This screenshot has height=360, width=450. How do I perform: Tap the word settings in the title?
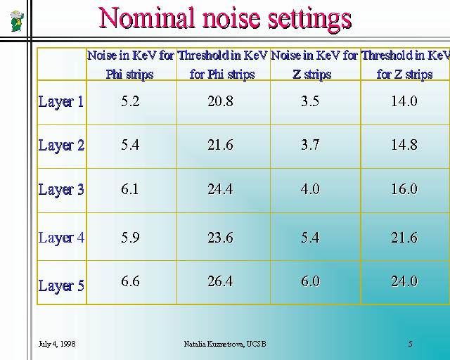[309, 20]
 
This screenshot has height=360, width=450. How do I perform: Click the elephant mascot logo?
[17, 21]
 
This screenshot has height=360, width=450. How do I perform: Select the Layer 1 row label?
[61, 102]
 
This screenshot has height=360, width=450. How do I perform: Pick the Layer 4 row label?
[61, 238]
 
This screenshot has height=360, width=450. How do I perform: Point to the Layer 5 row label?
[61, 285]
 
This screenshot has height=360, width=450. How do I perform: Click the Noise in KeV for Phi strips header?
[131, 65]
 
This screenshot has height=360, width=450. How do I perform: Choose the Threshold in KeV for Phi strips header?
[223, 65]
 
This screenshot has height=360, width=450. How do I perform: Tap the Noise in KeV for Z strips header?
[314, 65]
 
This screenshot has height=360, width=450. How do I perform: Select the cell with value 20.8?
[220, 101]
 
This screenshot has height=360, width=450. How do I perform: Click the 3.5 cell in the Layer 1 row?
[310, 101]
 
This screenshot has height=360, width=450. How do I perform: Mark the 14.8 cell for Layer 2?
[404, 145]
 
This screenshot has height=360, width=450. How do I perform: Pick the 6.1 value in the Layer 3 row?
[129, 189]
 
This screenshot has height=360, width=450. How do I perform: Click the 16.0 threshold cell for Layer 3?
[404, 189]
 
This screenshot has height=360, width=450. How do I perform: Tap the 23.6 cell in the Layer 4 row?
[220, 238]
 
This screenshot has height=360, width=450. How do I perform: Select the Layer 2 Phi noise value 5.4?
[130, 145]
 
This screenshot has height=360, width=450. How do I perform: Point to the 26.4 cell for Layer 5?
[220, 281]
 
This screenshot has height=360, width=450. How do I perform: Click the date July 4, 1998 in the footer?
[57, 344]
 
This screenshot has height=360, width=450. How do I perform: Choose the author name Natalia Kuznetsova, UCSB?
[225, 344]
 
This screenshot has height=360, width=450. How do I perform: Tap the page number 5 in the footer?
[411, 344]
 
